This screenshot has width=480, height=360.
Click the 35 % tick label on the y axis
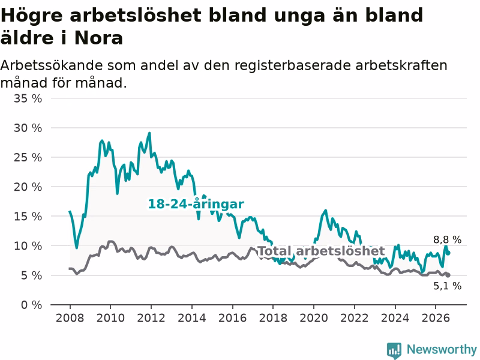tap(28, 98)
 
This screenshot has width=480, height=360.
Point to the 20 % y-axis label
tap(28, 187)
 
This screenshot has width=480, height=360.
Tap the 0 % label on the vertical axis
tap(32, 305)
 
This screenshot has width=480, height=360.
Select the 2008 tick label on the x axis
tap(70, 318)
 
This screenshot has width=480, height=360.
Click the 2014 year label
tap(192, 318)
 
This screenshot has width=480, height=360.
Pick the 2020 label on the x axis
tap(314, 318)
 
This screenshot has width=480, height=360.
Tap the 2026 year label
tap(436, 318)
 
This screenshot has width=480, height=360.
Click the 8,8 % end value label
tap(447, 239)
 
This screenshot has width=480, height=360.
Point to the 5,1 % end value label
tap(447, 286)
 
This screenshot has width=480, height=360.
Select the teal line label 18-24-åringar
tap(196, 204)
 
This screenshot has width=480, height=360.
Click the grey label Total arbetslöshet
tap(322, 251)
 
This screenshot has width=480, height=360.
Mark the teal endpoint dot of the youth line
tap(448, 253)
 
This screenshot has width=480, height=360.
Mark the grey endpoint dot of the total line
tap(448, 275)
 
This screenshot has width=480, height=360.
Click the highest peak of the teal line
tap(149, 133)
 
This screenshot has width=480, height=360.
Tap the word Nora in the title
tap(98, 38)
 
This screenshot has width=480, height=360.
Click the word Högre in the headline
tap(32, 16)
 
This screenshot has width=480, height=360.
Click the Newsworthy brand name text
tap(442, 350)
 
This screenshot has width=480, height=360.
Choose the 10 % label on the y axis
tap(28, 246)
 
